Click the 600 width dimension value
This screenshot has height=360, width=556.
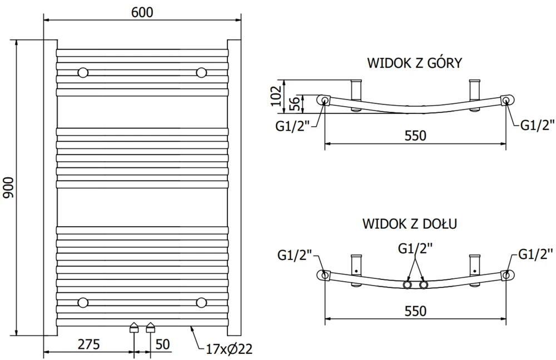[x=142, y=12]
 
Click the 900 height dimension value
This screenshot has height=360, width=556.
[x=8, y=188]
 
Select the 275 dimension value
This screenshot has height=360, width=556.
[x=88, y=344]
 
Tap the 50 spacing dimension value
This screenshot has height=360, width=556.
[x=162, y=344]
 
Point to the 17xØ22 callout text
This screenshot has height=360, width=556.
[x=229, y=349]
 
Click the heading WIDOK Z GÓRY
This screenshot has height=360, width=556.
[x=415, y=63]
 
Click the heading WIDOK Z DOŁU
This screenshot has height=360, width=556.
[x=410, y=223]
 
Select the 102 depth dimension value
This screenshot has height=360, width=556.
[x=276, y=96]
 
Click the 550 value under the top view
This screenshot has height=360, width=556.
[x=415, y=136]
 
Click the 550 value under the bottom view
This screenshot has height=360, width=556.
[x=415, y=311]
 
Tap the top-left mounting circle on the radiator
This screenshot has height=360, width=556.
[x=83, y=73]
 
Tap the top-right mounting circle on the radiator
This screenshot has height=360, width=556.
[x=201, y=73]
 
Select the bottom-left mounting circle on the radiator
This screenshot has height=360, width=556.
[x=83, y=303]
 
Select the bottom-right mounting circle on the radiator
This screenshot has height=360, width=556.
[x=201, y=303]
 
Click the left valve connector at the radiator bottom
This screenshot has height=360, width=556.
[x=133, y=327]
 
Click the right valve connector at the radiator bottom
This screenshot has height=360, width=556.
[x=151, y=327]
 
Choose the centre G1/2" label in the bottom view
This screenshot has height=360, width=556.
[x=415, y=249]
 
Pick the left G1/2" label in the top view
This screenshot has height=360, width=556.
[x=293, y=127]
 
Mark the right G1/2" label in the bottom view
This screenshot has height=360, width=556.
[x=535, y=254]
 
